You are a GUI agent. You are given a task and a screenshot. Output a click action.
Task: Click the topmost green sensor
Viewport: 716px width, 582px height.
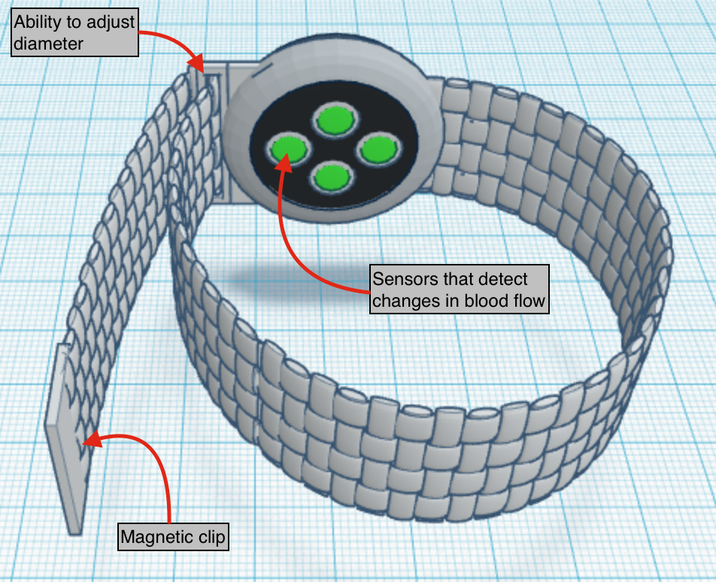pos(334,119)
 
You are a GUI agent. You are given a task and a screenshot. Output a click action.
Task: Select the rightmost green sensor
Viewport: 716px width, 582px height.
pos(377,150)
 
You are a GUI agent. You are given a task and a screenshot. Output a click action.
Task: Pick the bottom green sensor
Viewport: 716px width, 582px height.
pos(332,177)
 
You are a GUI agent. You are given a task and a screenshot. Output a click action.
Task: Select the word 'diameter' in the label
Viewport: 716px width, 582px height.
pos(48,44)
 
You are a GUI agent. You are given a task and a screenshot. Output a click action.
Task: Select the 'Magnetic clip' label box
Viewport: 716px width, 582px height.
pos(174,538)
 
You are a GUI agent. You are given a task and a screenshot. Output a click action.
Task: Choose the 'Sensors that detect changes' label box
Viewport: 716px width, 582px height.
pos(460,289)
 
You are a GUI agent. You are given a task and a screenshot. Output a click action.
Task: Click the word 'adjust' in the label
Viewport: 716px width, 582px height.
pos(110,22)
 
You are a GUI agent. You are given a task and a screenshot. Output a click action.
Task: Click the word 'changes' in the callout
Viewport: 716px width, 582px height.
pos(406,301)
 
